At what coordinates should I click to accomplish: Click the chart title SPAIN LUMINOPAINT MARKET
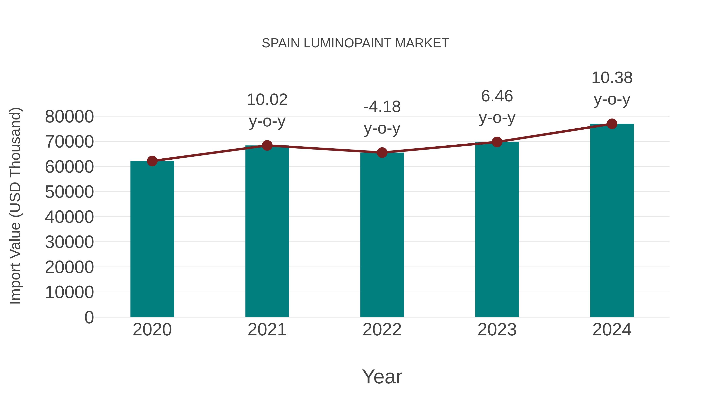[x=355, y=43]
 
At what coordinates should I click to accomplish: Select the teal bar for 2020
[x=152, y=239]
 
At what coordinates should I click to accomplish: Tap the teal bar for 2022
[x=382, y=235]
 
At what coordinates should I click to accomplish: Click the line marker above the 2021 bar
[x=267, y=145]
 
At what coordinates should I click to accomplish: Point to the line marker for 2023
[x=497, y=142]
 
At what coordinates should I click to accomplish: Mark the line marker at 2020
[x=152, y=161]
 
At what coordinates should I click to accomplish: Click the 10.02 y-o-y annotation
[x=267, y=110]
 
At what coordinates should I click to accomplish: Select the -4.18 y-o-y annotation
[x=382, y=117]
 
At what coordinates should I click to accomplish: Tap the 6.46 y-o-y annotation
[x=497, y=107]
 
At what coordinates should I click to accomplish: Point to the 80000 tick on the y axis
[x=69, y=117]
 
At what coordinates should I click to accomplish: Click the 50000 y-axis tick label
[x=69, y=192]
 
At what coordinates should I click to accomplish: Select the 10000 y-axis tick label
[x=69, y=292]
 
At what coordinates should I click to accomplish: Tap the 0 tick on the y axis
[x=89, y=317]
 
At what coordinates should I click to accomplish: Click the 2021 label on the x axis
[x=267, y=330]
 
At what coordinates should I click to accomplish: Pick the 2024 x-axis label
[x=612, y=330]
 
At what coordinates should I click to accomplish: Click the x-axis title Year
[x=382, y=376]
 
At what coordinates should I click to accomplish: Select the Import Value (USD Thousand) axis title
[x=15, y=206]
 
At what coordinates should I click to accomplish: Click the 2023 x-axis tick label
[x=497, y=330]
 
